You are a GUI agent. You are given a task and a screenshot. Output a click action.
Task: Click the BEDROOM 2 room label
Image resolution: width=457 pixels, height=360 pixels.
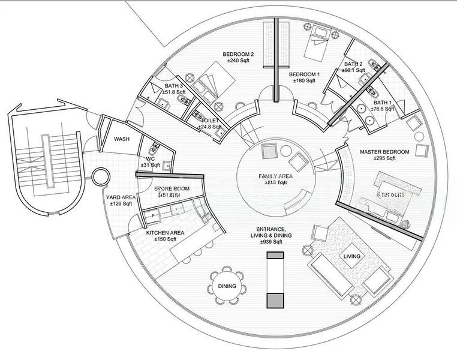click(x=238, y=54)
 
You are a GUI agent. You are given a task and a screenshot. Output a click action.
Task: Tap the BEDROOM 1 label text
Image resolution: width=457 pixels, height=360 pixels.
click(x=304, y=74)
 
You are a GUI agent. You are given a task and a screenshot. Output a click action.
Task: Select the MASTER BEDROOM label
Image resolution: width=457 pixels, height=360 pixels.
click(x=384, y=152)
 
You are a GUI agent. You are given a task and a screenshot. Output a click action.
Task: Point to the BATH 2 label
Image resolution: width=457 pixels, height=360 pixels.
click(x=353, y=64)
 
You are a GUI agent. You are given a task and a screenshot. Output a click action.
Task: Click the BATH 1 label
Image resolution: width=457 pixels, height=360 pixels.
click(x=382, y=103)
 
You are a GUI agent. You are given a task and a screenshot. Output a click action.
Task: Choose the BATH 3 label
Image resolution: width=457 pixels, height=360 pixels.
click(x=174, y=86)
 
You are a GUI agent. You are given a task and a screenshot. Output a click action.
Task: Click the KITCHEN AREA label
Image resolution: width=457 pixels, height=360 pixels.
click(x=165, y=233)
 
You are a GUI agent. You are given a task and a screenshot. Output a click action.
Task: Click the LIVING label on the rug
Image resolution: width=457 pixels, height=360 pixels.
click(x=351, y=256)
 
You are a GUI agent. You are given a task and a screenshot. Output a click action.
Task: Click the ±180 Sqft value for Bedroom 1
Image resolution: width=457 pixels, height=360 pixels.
click(x=304, y=81)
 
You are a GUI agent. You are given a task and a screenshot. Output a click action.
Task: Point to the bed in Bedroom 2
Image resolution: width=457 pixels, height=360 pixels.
click(x=213, y=84)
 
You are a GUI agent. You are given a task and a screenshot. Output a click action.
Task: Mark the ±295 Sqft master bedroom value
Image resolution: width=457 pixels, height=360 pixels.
click(x=384, y=159)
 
